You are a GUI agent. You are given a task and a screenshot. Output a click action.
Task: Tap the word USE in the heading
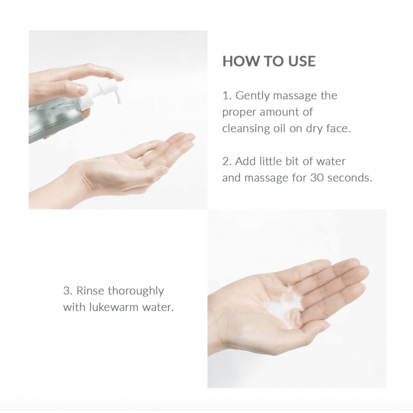coord(302,61)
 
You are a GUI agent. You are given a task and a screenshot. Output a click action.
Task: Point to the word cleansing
coord(246,129)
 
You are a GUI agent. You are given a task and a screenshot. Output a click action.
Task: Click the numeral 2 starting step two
coord(226,162)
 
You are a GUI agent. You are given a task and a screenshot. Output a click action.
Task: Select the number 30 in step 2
coord(317,178)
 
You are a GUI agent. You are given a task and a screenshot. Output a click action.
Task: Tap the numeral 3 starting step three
coord(67,291)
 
